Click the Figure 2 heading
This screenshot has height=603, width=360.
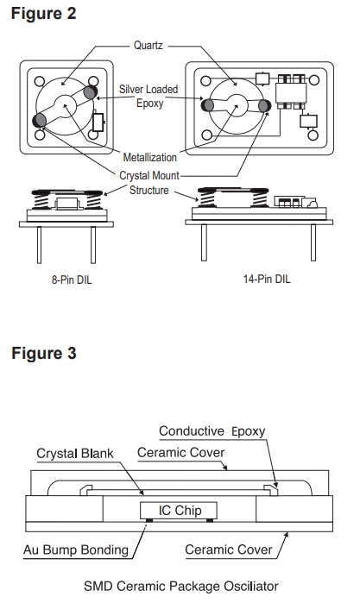click(x=43, y=14)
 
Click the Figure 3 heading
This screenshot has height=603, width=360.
click(x=44, y=353)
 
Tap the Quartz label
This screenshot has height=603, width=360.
click(x=148, y=46)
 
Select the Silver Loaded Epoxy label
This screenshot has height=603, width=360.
click(x=148, y=96)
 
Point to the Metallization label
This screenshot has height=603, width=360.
click(x=149, y=157)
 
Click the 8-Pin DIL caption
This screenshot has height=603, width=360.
click(x=72, y=280)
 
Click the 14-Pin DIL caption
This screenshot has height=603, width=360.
click(x=267, y=279)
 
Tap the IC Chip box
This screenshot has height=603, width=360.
click(x=179, y=511)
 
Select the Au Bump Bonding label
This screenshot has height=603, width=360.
click(x=76, y=550)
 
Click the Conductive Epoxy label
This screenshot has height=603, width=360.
click(x=212, y=431)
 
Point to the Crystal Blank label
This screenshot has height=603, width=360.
click(x=75, y=454)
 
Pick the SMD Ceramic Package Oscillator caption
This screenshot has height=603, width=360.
click(x=181, y=586)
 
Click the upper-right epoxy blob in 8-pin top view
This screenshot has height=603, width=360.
click(x=90, y=92)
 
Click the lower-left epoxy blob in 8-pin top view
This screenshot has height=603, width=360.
click(x=40, y=121)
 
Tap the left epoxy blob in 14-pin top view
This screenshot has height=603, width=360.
click(x=207, y=105)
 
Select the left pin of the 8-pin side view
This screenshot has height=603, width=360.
click(x=39, y=245)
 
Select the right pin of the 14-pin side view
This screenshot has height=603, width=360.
click(x=313, y=243)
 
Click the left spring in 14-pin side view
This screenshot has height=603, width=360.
click(x=206, y=199)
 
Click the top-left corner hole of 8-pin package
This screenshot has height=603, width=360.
click(x=40, y=82)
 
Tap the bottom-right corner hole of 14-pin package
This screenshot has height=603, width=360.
click(x=313, y=135)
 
